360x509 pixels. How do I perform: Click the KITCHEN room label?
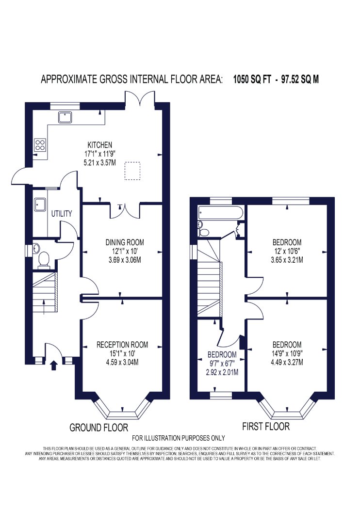[x=100, y=145]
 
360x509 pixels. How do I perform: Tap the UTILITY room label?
[x=62, y=214]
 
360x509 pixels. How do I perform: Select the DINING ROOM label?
[x=125, y=242]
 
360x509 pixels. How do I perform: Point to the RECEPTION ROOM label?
[x=122, y=345]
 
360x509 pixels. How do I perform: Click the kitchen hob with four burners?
[x=40, y=145]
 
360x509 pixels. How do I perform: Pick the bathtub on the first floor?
[x=220, y=212]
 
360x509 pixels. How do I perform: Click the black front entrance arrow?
[x=53, y=365]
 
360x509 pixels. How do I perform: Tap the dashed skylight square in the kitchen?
[x=132, y=171]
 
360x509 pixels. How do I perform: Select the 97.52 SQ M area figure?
[x=300, y=80]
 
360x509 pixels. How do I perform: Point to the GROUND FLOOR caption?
[x=99, y=428]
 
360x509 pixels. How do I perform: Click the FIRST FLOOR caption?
[x=266, y=426]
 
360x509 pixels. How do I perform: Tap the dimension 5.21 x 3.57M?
[x=100, y=162]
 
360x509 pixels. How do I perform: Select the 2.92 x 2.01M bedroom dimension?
[x=222, y=372]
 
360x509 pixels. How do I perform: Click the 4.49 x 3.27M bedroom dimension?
[x=287, y=362]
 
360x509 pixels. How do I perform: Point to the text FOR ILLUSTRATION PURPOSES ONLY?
[x=179, y=438]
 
